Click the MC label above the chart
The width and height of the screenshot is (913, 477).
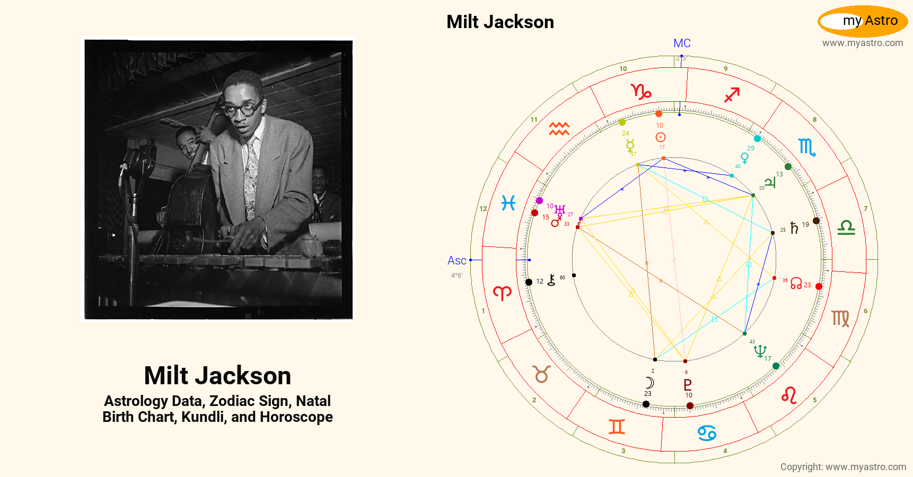click(x=682, y=43)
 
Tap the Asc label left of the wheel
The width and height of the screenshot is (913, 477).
click(x=456, y=261)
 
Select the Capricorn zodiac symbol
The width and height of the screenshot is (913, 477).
click(x=641, y=92)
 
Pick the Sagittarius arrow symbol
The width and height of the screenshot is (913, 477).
click(x=732, y=95)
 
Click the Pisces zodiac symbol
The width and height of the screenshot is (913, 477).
click(x=508, y=203)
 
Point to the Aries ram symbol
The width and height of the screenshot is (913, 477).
click(x=502, y=293)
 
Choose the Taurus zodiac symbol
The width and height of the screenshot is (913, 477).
click(x=542, y=374)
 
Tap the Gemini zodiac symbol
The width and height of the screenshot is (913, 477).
click(x=617, y=427)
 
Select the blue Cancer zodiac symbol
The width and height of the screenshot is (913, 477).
click(x=707, y=433)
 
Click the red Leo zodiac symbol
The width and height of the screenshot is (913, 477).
click(x=789, y=395)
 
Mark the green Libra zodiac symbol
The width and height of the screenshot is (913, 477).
click(x=846, y=228)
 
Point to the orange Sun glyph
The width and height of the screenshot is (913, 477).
click(x=661, y=137)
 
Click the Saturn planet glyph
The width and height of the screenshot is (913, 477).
click(x=794, y=228)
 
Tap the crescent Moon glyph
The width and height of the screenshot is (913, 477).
click(x=649, y=383)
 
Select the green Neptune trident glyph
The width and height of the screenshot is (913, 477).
click(x=760, y=351)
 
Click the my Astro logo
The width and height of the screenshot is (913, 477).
click(x=863, y=21)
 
